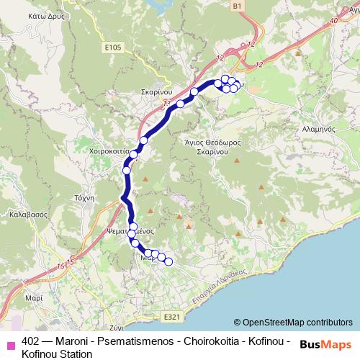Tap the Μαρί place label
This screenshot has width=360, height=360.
click(32, 297)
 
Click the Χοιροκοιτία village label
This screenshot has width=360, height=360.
click(106, 153)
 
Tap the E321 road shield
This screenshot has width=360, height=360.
click(171, 317)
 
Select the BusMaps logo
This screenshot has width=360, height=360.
click(325, 344)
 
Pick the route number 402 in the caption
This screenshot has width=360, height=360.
click(31, 341)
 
